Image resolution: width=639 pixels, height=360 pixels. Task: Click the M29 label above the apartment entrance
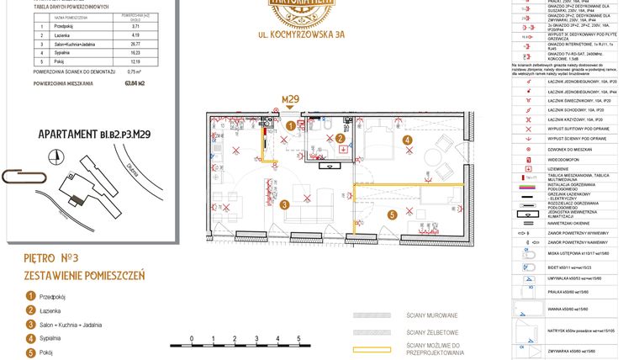coord(290,99)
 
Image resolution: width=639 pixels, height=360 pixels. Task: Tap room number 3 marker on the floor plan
coord(285,204)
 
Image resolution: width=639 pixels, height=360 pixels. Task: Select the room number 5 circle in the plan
coord(391,214)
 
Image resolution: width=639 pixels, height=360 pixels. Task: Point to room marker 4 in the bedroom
coord(407,140)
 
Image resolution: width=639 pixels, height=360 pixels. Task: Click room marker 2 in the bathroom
coord(340,139)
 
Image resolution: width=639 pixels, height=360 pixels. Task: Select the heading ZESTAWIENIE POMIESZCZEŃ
coord(84,275)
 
